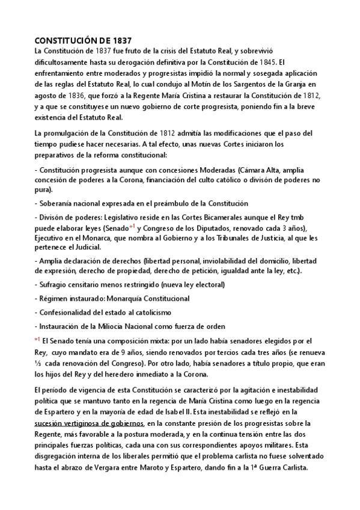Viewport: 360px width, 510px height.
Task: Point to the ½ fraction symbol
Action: tap(38, 363)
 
